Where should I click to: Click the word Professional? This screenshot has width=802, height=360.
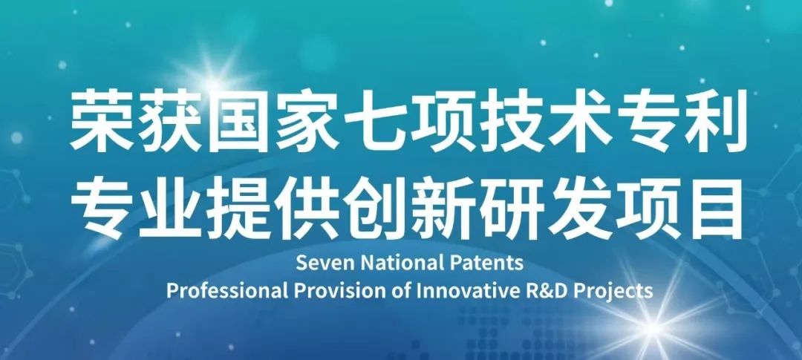pos(228,290)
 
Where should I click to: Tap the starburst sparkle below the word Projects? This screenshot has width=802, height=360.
pos(653,327)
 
